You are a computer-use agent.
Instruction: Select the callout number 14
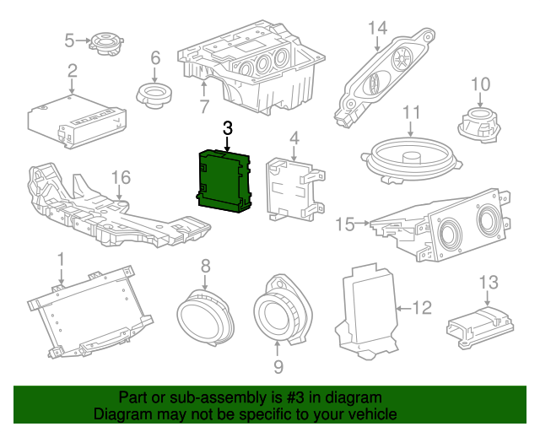pos(377,28)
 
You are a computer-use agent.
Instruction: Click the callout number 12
pos(422,308)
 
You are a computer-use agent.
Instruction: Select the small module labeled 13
pos(478,324)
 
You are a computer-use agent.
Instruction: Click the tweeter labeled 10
pos(478,121)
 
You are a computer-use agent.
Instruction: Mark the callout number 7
pos(203,107)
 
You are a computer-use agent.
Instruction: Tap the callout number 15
pos(345,224)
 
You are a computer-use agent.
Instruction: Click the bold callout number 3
pos(226,128)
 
